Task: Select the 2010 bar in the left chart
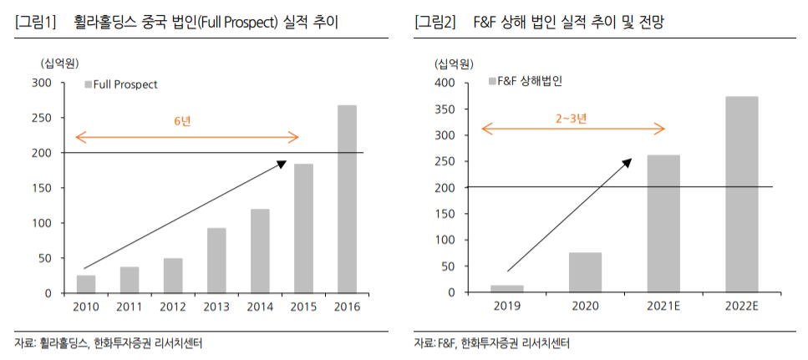pos(86,284)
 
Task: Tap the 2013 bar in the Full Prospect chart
pos(216,261)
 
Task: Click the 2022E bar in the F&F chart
pos(741,194)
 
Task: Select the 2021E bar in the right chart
pos(663,223)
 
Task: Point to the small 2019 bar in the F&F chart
pos(506,288)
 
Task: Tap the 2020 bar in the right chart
pos(585,272)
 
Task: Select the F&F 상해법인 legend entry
pos(524,81)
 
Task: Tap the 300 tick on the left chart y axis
pos(42,83)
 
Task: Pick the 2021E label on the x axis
pos(663,307)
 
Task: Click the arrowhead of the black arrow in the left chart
pos(282,164)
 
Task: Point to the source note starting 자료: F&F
pos(492,343)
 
